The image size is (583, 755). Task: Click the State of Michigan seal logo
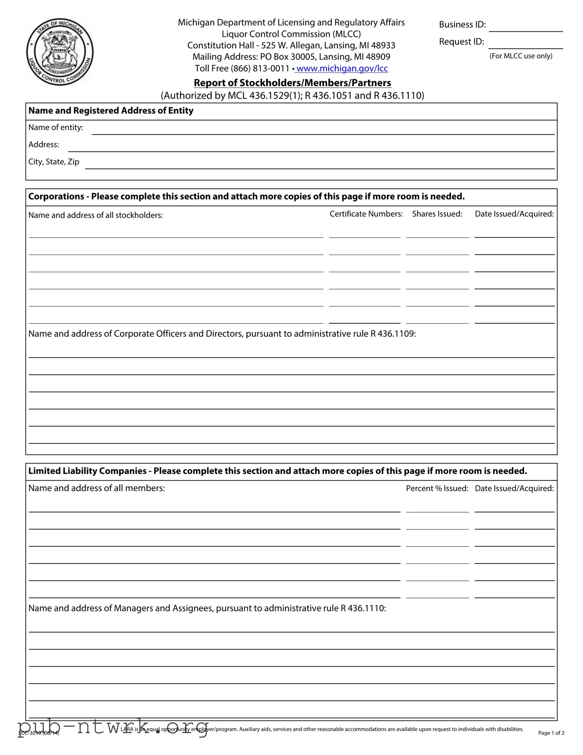tap(60, 51)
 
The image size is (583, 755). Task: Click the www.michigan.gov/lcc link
tap(342, 68)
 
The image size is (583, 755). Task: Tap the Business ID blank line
tap(526, 28)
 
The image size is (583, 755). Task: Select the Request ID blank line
tap(526, 45)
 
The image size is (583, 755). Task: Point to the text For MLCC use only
tap(521, 56)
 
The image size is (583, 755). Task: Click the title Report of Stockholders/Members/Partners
tap(292, 83)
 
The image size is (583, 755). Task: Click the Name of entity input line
tap(323, 130)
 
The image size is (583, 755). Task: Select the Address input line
tap(311, 148)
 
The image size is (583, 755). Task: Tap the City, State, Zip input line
tap(320, 165)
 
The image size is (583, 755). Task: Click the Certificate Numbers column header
tap(366, 214)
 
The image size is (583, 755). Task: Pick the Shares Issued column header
tap(437, 214)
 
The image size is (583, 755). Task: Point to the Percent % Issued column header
tap(437, 489)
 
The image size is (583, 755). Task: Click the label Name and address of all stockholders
tap(96, 215)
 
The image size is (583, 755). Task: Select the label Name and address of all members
tap(96, 488)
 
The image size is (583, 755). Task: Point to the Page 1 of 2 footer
tap(551, 733)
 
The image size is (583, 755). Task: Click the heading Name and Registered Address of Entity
tap(111, 111)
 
